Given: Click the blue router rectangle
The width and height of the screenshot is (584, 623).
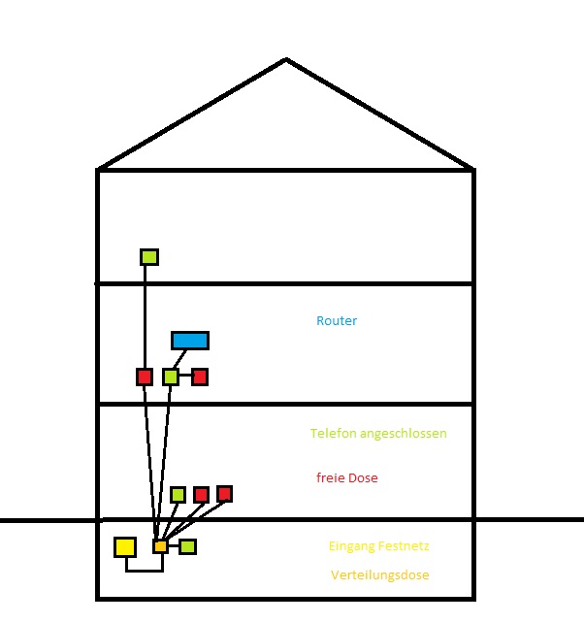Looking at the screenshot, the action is tap(190, 341).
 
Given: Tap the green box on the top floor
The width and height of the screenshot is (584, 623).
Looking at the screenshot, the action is tap(149, 257).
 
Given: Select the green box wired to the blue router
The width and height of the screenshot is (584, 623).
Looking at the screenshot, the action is tap(171, 377).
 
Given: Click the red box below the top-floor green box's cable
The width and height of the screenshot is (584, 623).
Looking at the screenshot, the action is tap(145, 377).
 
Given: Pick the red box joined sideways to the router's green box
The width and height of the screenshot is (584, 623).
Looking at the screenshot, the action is tap(200, 377).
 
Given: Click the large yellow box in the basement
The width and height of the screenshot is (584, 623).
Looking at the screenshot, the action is tap(125, 547).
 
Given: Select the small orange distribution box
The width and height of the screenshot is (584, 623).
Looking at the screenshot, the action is tap(160, 546).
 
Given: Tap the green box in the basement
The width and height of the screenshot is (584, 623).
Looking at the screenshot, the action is tap(187, 546).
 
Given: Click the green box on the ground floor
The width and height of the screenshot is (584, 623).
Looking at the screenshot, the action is tap(178, 495).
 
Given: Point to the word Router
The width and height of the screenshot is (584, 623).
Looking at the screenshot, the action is tap(337, 320).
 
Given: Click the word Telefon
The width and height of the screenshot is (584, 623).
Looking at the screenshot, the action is tap(334, 433).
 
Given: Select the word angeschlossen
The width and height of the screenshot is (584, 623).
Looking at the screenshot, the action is tap(404, 434).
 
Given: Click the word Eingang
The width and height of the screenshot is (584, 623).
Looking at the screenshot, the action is tap(352, 546).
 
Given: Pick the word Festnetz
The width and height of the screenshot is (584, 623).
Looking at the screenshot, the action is tap(404, 546).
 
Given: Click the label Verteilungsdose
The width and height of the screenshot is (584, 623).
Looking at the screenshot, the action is tap(380, 574).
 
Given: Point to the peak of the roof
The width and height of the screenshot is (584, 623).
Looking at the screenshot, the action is tap(286, 59).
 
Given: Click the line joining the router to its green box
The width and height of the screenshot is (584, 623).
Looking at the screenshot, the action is tap(179, 359).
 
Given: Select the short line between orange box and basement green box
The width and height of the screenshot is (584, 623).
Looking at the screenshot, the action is tap(174, 546).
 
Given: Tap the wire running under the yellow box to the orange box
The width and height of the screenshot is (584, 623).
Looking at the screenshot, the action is tap(145, 571).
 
